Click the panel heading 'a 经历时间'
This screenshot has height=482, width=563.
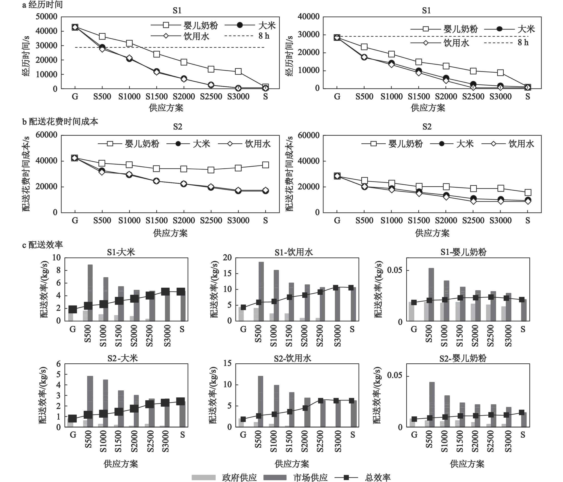pyautogui.click(x=42, y=5)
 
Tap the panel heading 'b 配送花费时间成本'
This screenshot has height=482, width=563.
pyautogui.click(x=60, y=122)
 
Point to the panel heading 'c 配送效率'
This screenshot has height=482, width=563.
pyautogui.click(x=42, y=245)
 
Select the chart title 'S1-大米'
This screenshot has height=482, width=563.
pyautogui.click(x=121, y=252)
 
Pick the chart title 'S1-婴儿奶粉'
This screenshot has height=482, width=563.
pyautogui.click(x=463, y=252)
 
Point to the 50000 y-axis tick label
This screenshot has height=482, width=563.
pyautogui.click(x=46, y=17)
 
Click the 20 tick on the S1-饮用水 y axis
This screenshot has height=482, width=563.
pyautogui.click(x=227, y=258)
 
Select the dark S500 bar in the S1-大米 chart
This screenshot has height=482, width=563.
pyautogui.click(x=90, y=293)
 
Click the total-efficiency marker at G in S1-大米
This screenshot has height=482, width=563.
pyautogui.click(x=73, y=309)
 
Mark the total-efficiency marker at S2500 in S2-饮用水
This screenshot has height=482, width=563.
pyautogui.click(x=321, y=401)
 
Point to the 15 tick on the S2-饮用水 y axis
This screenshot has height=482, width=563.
pyautogui.click(x=227, y=364)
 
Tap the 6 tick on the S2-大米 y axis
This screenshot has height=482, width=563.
pyautogui.click(x=58, y=364)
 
